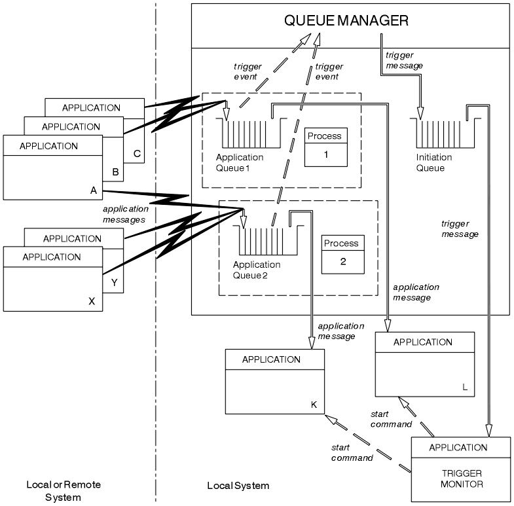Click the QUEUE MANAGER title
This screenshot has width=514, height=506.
point(346,21)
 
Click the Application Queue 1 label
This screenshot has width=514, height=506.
point(240,163)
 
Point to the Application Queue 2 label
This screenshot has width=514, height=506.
point(256,270)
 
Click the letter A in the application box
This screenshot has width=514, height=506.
point(93,190)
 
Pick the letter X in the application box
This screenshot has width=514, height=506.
point(91,302)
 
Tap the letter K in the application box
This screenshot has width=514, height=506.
point(314,405)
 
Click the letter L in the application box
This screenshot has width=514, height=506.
point(464,387)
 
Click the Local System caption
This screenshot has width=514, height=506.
point(238,486)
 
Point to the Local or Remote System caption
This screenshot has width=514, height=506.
point(64,491)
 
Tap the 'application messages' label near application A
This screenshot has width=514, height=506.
point(125,215)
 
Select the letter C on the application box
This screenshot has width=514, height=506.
point(136,154)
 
